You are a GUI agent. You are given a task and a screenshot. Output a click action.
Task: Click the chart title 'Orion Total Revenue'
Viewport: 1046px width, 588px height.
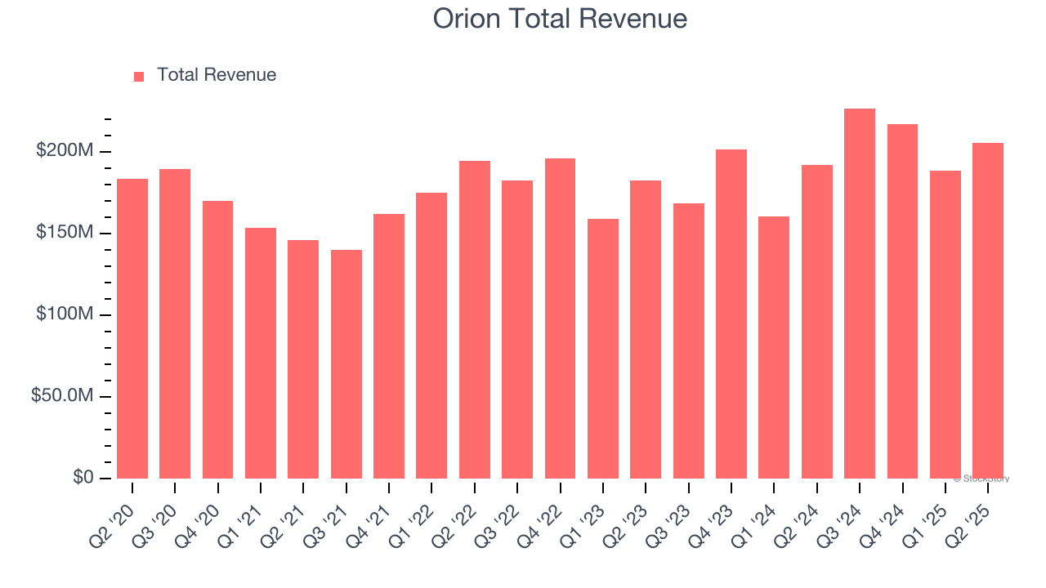(x=560, y=18)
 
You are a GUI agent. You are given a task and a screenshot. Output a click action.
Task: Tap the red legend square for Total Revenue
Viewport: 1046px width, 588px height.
(x=139, y=76)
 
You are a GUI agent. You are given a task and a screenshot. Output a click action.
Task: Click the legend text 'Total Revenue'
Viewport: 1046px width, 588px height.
(x=217, y=75)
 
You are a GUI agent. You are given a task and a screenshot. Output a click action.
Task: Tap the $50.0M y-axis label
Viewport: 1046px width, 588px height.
(x=62, y=396)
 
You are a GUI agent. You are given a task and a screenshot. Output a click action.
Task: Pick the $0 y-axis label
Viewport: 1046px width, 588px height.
(x=83, y=478)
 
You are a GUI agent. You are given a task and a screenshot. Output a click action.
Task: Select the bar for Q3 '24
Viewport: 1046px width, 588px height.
(x=860, y=294)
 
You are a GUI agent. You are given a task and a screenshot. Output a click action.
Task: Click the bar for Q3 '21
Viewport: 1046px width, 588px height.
(x=346, y=364)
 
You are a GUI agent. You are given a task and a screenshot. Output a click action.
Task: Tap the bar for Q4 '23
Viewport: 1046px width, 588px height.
(x=731, y=314)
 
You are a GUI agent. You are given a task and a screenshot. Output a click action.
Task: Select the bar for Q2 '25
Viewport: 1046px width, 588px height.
(x=988, y=310)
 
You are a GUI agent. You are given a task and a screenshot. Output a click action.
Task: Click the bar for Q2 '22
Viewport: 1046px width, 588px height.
(x=475, y=319)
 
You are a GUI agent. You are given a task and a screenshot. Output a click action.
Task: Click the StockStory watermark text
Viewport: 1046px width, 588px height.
(x=981, y=479)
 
